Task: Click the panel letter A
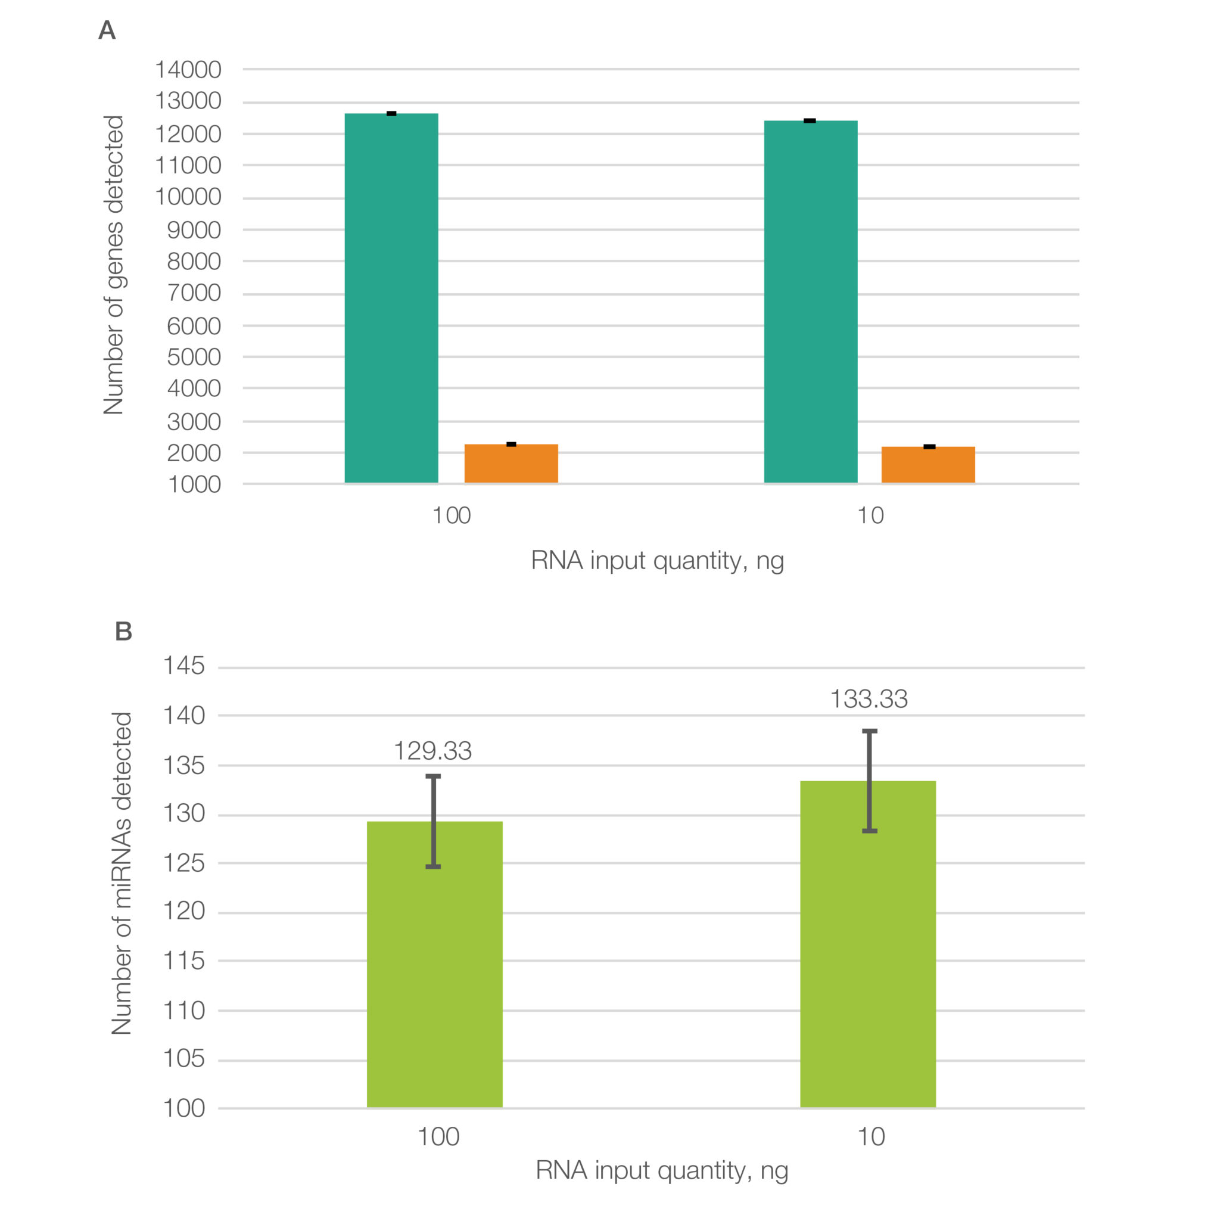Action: (107, 30)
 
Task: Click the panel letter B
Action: (123, 631)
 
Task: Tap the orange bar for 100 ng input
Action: (511, 464)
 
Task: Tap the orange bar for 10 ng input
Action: (928, 465)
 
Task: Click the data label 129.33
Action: (432, 751)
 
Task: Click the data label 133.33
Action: (869, 699)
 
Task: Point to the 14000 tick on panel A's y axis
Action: (188, 70)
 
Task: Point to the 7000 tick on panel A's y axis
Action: (194, 293)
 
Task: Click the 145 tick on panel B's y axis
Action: (183, 666)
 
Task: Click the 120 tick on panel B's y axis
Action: (183, 910)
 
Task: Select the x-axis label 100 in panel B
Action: (438, 1137)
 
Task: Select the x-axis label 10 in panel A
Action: (870, 516)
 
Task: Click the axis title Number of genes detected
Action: (114, 265)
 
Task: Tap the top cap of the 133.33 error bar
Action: (870, 731)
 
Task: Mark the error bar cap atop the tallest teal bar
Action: (391, 114)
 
